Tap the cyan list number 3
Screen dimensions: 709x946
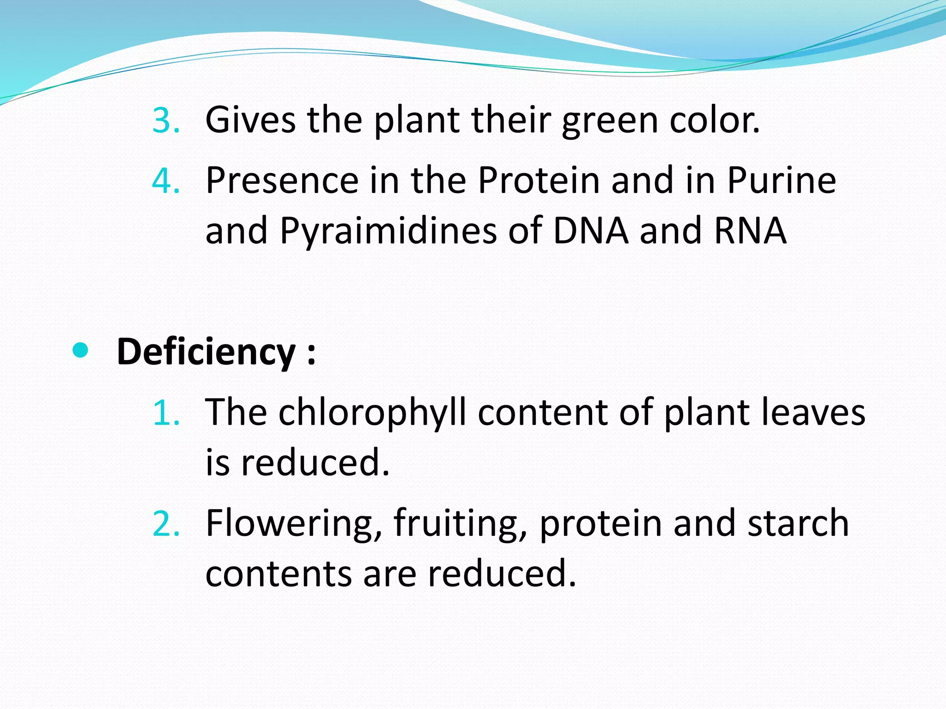(165, 121)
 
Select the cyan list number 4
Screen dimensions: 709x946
(165, 181)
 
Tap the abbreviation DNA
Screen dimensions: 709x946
(590, 230)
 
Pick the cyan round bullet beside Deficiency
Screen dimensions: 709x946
(80, 351)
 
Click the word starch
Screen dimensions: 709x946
(798, 523)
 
